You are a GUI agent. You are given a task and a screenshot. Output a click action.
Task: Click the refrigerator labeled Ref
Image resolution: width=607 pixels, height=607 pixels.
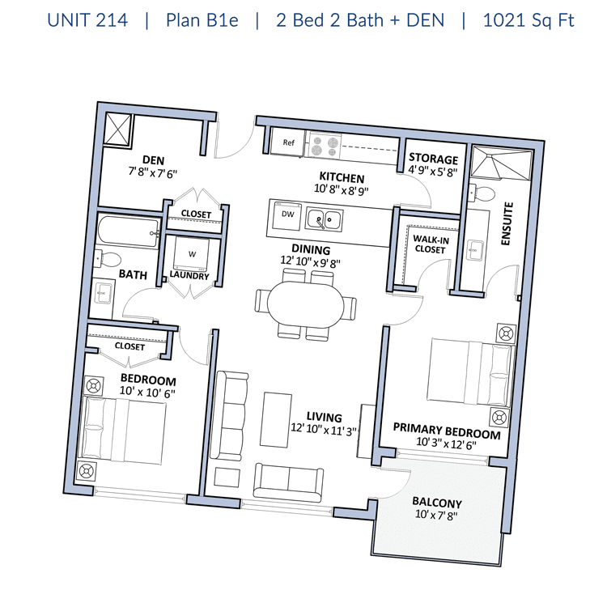(x=287, y=142)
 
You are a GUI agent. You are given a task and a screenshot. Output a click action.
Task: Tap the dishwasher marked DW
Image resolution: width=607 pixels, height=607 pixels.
(x=287, y=214)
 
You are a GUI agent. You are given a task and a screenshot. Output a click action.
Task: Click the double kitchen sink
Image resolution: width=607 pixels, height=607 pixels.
(x=324, y=219)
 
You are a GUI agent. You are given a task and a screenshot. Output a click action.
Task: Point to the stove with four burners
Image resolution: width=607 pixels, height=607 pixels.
(x=325, y=145)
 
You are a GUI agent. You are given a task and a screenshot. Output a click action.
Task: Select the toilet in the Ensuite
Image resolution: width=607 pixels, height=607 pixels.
(x=482, y=193)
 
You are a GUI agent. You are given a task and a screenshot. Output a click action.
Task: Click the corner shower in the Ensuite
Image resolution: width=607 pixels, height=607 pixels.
(x=501, y=163)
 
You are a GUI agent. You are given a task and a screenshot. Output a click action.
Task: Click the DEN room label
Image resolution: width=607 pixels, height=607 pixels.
(x=153, y=160)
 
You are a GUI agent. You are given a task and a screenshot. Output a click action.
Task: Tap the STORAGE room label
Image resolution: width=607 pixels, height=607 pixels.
(x=434, y=159)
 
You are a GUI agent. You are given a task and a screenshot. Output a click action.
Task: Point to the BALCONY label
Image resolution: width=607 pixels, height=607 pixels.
(x=437, y=503)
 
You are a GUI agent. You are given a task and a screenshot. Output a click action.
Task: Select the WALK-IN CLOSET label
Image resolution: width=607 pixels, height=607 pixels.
(x=431, y=244)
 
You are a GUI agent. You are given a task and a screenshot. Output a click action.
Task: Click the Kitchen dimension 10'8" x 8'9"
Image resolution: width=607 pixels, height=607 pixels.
(x=342, y=189)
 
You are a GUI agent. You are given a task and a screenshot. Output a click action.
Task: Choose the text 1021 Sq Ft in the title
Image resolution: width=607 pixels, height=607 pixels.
(x=528, y=20)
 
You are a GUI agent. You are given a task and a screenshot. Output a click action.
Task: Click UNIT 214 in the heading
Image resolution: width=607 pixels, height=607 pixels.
(x=87, y=20)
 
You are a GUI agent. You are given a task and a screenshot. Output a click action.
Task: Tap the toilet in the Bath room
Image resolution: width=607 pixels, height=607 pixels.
(x=107, y=259)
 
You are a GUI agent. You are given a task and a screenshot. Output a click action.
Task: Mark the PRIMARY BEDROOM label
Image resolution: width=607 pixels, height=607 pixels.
(x=447, y=431)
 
